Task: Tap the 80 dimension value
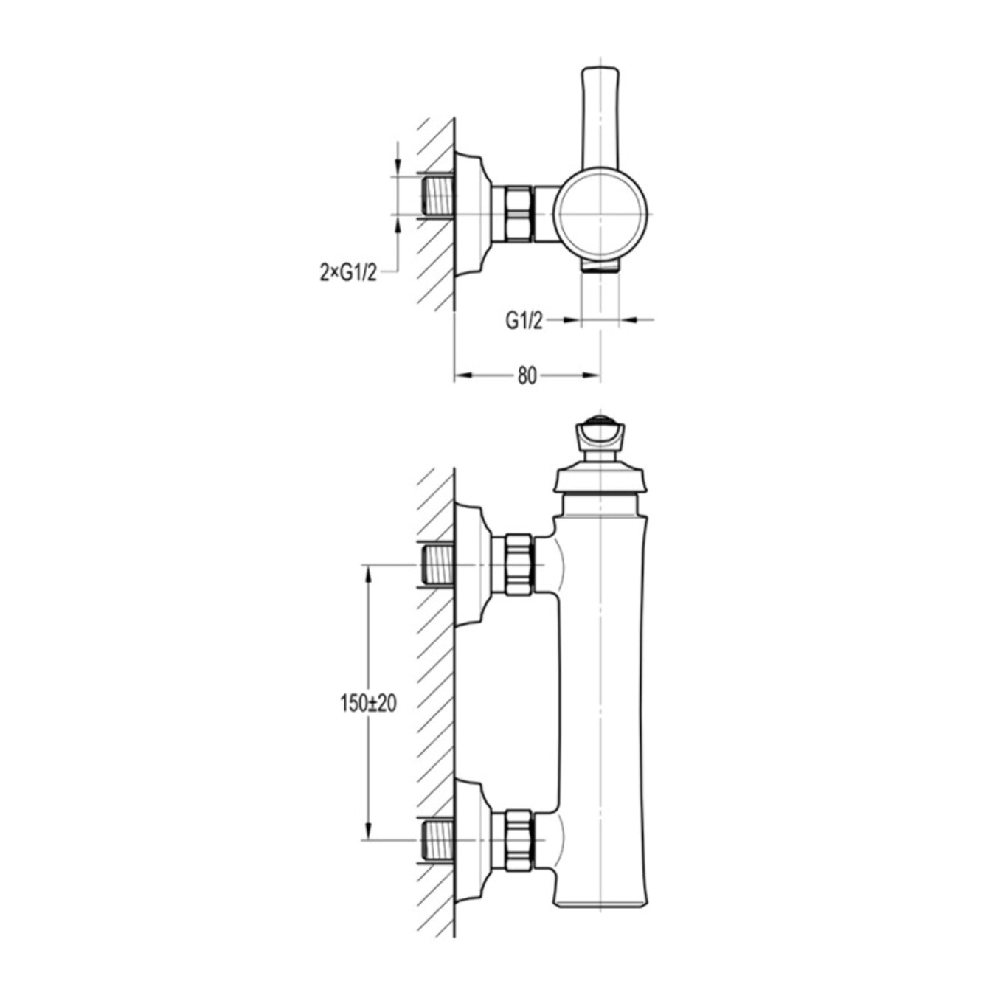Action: [527, 376]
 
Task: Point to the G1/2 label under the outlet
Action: [524, 322]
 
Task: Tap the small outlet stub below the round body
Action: [600, 266]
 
